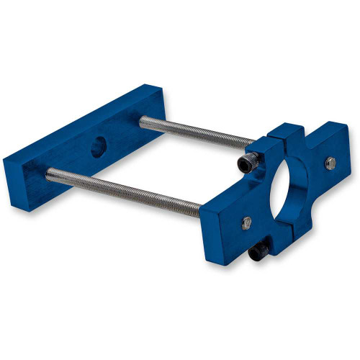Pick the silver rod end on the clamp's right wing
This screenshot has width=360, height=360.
pos(330,163)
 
